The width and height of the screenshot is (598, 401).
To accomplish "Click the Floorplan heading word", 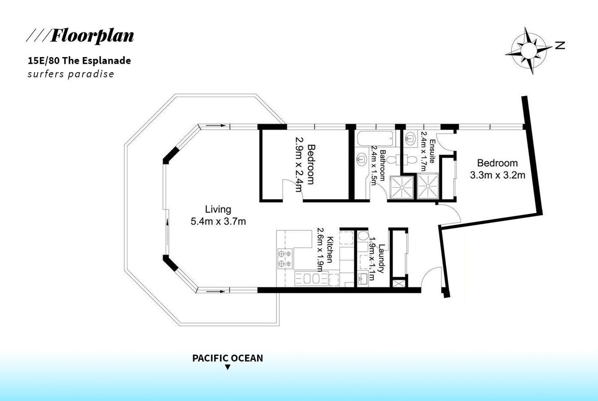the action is [92, 36].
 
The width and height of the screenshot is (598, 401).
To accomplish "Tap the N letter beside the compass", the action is [560, 45].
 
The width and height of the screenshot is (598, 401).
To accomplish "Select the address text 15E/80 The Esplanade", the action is [79, 61].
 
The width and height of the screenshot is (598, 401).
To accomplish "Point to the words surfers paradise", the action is [71, 74].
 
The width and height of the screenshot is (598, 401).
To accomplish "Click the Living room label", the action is [218, 209].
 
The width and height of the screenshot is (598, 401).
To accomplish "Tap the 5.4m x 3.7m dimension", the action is [218, 221].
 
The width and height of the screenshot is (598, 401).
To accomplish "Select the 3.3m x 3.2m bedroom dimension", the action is [498, 175].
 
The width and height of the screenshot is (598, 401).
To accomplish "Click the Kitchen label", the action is [330, 250].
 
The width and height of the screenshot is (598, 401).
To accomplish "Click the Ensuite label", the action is [432, 151].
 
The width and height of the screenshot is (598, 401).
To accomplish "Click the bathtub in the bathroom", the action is [375, 139].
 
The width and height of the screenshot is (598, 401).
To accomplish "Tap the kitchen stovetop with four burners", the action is [285, 258].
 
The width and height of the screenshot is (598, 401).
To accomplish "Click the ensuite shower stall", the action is [428, 186].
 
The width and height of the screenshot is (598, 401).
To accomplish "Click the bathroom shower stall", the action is [401, 188].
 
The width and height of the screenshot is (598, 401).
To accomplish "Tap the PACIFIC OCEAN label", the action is [227, 358].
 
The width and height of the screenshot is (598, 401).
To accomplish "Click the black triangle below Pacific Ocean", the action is [227, 368].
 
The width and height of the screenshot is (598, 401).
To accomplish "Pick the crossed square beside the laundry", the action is [399, 283].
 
